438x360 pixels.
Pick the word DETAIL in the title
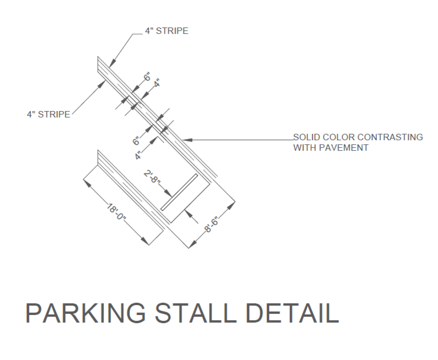[x=292, y=313]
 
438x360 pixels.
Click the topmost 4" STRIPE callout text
[x=166, y=31]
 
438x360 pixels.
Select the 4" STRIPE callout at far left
[x=48, y=115]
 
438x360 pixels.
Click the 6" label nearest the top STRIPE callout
[x=147, y=77]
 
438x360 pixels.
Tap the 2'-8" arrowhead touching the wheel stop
[x=170, y=196]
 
